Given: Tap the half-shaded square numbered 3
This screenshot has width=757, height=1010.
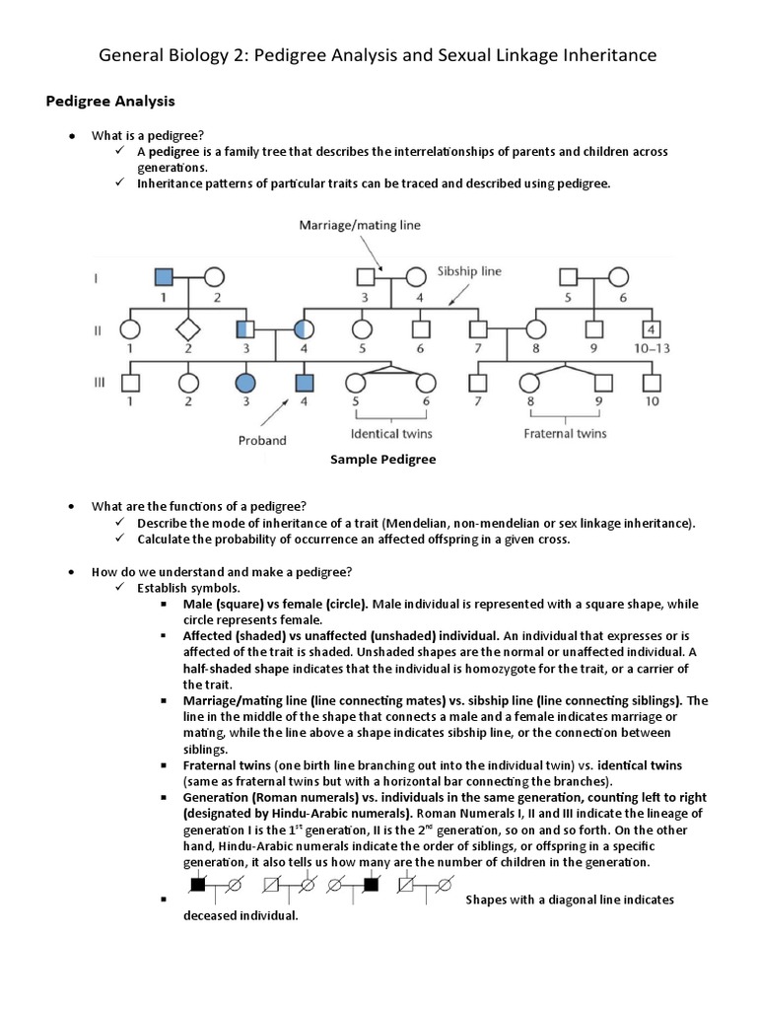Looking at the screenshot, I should [x=245, y=329].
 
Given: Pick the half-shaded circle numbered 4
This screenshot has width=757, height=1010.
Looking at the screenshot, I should [x=304, y=329].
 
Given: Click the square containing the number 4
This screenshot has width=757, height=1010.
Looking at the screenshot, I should [x=651, y=329].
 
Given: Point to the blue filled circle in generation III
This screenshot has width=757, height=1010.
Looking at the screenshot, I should [x=245, y=382].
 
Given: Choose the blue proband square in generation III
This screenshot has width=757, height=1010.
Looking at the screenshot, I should [x=304, y=382].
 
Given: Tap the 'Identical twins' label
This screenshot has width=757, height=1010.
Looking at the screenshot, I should [x=391, y=433].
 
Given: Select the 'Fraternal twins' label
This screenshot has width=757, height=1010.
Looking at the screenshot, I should [x=565, y=433].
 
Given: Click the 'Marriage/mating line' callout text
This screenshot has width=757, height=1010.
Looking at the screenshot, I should [x=360, y=225].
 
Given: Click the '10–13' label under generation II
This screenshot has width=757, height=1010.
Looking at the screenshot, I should [x=651, y=349].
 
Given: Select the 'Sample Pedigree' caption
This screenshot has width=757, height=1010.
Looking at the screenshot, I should [x=383, y=460].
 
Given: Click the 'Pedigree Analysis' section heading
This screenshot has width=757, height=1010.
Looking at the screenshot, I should [x=111, y=100].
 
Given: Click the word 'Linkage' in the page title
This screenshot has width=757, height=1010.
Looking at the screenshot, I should [x=503, y=55].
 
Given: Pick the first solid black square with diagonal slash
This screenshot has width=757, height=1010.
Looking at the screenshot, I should [x=198, y=885].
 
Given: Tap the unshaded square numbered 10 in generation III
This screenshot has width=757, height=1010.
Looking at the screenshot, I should [x=651, y=382].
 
